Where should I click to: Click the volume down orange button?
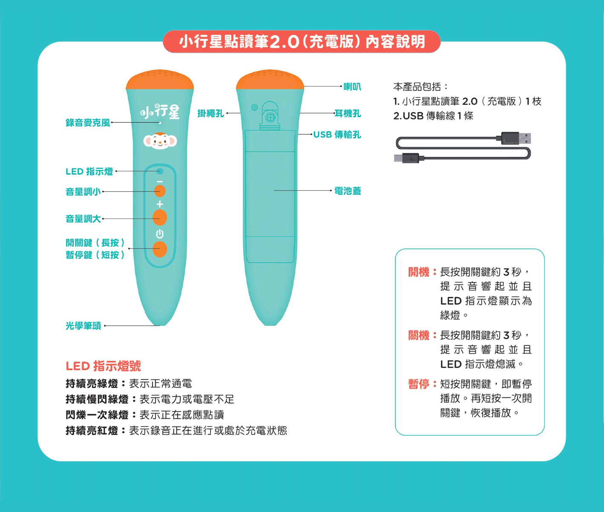click(160, 191)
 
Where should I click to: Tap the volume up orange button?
click(160, 217)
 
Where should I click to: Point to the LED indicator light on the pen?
click(160, 171)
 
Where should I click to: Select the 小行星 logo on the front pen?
click(160, 111)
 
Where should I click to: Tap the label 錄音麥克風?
click(88, 123)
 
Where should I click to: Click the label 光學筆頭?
click(83, 325)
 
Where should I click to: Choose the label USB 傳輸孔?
click(337, 135)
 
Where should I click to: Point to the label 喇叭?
click(352, 86)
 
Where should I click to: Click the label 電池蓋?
click(348, 191)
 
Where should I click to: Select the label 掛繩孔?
click(211, 113)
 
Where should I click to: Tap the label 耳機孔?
click(348, 113)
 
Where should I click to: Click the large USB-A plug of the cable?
click(516, 138)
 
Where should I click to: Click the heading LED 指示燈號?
click(103, 366)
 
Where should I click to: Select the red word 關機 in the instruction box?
click(419, 335)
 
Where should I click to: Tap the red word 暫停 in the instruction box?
click(419, 384)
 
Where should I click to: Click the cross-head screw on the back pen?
click(270, 118)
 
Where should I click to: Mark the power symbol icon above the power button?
click(160, 234)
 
